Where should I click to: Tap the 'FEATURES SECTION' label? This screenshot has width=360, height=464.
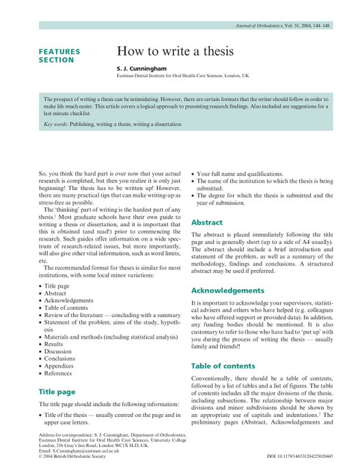coord(59,55)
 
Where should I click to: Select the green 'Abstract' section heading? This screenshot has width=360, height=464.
coord(206,222)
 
